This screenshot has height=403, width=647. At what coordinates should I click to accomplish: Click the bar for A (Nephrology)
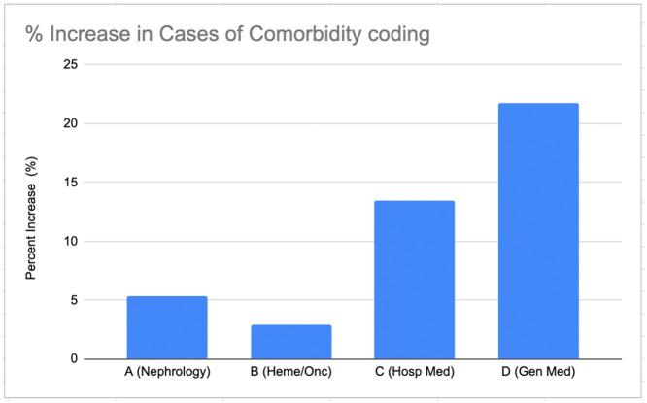(x=167, y=327)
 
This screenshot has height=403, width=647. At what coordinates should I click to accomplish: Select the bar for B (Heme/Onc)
(x=290, y=342)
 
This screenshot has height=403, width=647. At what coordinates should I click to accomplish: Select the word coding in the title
(x=400, y=37)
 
